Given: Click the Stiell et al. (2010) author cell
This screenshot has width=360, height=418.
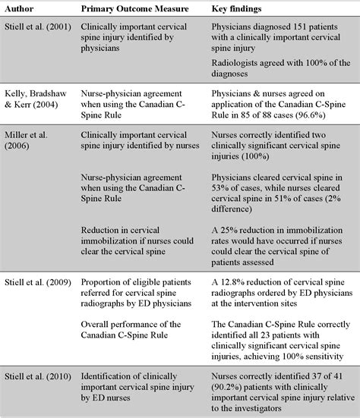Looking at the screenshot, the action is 39,374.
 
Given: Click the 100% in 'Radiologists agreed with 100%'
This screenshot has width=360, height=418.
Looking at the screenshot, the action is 314,64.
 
